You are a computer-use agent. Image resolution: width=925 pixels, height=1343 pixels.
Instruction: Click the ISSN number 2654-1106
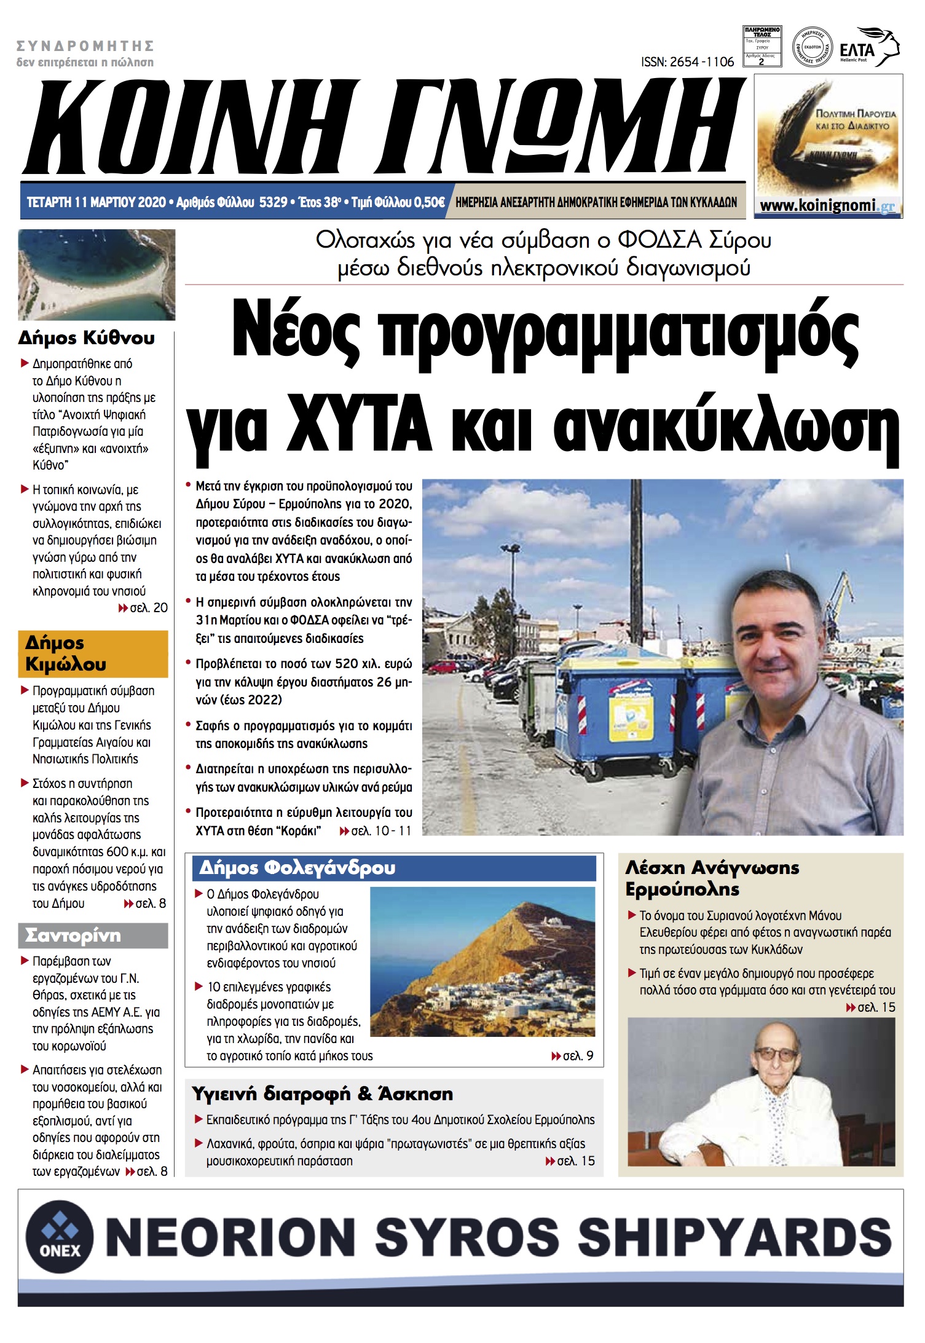pos(687,61)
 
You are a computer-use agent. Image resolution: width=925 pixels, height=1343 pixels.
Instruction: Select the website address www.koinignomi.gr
pos(827,206)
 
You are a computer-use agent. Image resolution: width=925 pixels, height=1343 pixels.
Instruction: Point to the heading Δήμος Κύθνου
pos(87,338)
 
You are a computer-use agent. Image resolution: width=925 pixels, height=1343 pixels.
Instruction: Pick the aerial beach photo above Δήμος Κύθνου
pos(96,274)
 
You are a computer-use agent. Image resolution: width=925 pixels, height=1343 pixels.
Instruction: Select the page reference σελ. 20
pos(148,607)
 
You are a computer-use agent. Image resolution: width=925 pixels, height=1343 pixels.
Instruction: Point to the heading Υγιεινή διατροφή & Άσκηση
pos(322,1094)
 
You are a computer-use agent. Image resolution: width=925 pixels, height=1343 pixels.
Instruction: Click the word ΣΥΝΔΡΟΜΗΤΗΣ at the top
pos(85,46)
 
